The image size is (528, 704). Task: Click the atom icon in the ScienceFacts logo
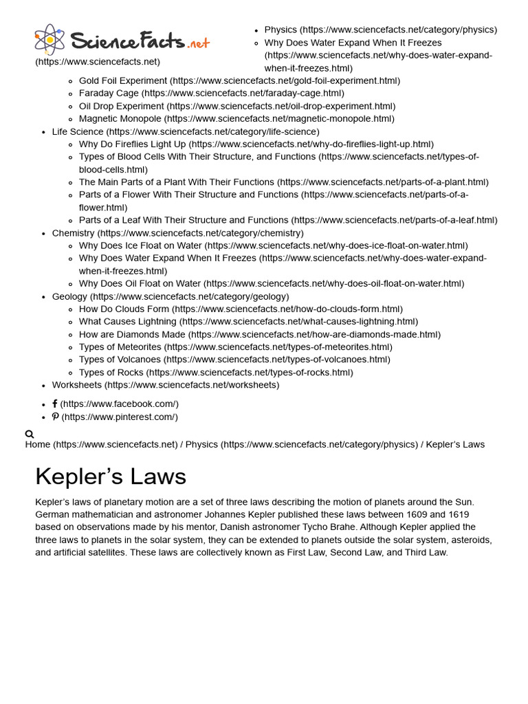pyautogui.click(x=49, y=40)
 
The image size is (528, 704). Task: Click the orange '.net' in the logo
pyautogui.click(x=198, y=43)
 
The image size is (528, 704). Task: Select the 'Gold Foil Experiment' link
pyautogui.click(x=123, y=80)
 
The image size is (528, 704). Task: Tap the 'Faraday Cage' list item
pyautogui.click(x=109, y=93)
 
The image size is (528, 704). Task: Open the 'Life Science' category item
pyautogui.click(x=78, y=131)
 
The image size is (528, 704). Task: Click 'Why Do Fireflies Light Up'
pyautogui.click(x=132, y=144)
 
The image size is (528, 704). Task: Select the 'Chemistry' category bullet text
pyautogui.click(x=73, y=233)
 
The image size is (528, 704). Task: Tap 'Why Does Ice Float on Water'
pyautogui.click(x=140, y=245)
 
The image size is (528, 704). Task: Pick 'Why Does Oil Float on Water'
pyautogui.click(x=140, y=283)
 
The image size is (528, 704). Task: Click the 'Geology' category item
pyautogui.click(x=69, y=296)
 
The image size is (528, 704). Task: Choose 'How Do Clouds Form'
pyautogui.click(x=124, y=309)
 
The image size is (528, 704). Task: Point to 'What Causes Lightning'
pyautogui.click(x=127, y=321)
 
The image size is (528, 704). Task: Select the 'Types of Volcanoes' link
pyautogui.click(x=120, y=359)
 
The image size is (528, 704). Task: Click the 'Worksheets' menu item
pyautogui.click(x=76, y=385)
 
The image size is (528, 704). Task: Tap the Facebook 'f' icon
pyautogui.click(x=55, y=404)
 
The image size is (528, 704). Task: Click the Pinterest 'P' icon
pyautogui.click(x=55, y=417)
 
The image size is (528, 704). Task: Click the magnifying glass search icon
pyautogui.click(x=30, y=434)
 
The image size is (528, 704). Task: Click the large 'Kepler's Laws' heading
pyautogui.click(x=111, y=476)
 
